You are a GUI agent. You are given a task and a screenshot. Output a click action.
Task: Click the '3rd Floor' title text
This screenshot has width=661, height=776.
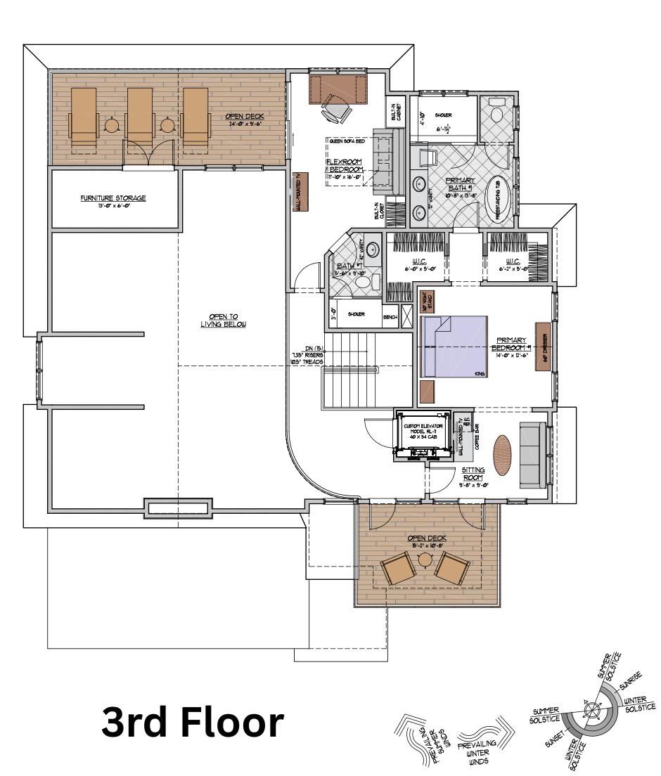[193, 723]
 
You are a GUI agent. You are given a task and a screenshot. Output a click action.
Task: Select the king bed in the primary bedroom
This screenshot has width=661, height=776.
[454, 347]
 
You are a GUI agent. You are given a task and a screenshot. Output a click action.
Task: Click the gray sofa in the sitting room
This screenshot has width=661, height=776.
[532, 455]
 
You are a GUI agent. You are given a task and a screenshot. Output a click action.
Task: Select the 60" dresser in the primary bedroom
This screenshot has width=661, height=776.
[542, 347]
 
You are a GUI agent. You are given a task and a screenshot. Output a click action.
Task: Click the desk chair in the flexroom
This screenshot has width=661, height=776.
[335, 110]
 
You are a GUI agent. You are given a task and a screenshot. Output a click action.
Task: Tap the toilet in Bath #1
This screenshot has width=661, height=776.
[363, 282]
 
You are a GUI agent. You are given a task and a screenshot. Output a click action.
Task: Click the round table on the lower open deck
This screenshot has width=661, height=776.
[425, 560]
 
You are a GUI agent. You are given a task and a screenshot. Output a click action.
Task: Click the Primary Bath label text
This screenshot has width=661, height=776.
[461, 185]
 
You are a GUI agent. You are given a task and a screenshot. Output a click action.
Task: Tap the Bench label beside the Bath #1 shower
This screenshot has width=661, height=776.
[390, 317]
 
